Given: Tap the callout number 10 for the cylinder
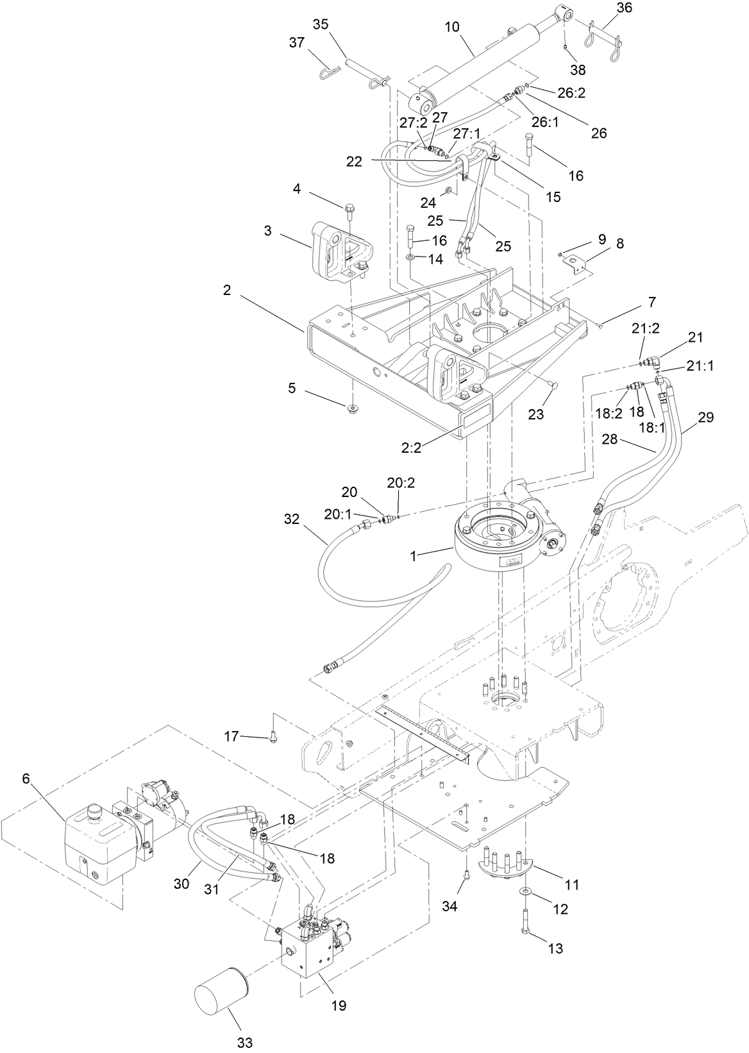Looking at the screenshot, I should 452,28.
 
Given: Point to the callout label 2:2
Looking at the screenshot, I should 411,448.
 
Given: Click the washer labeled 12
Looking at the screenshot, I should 525,891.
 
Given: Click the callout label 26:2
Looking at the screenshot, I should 571,93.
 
